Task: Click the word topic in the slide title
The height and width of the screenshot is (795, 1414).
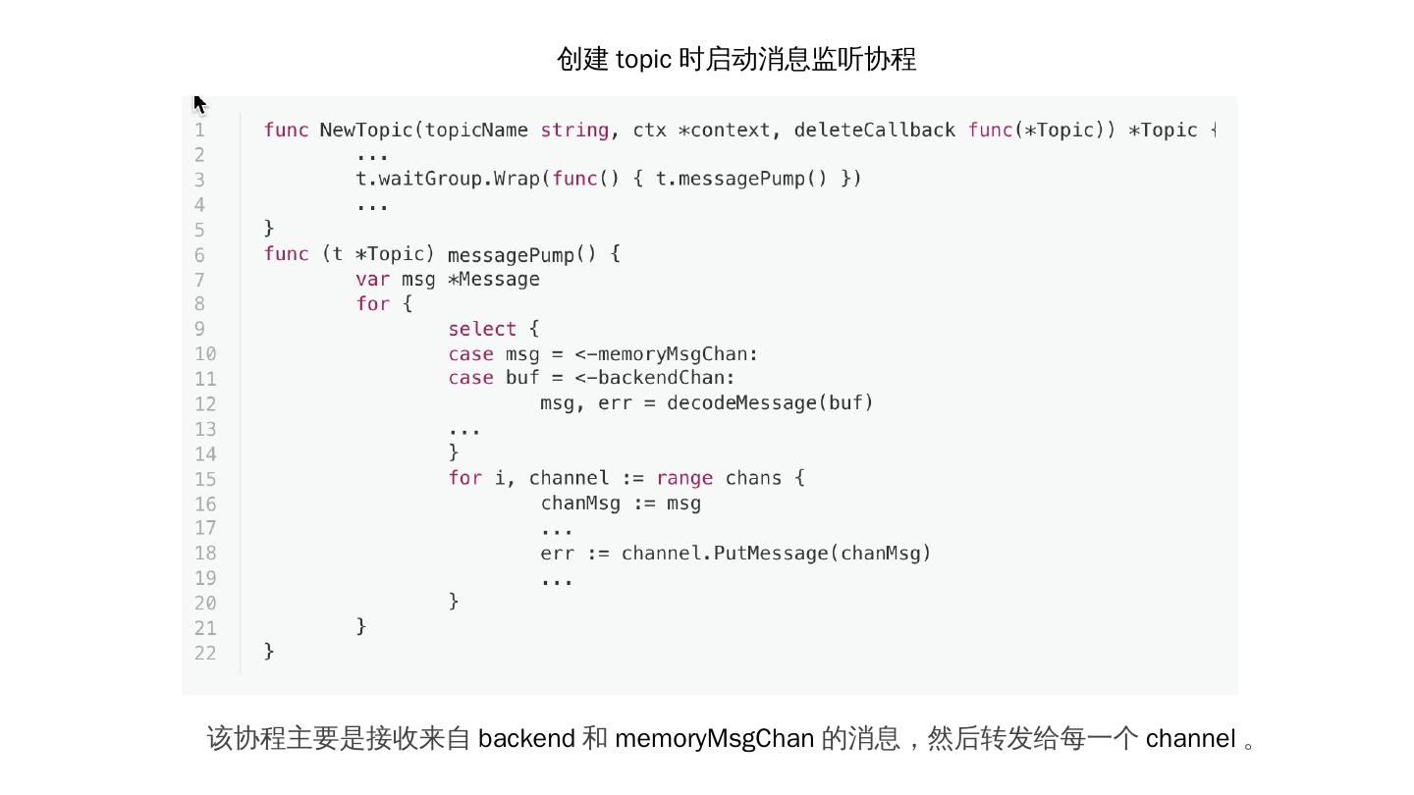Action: (643, 60)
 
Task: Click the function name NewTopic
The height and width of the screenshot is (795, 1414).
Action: (366, 131)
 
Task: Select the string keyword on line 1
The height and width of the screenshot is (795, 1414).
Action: (574, 131)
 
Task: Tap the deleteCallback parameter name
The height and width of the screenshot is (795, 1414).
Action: (875, 131)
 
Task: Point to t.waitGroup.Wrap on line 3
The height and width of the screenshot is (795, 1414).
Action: (448, 179)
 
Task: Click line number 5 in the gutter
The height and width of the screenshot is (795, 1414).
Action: (199, 230)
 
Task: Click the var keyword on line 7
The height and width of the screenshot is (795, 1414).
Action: (372, 280)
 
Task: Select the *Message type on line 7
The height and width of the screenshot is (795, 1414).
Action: (494, 280)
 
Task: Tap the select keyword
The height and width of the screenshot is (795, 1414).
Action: (482, 329)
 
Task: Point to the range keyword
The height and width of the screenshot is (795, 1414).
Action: (684, 478)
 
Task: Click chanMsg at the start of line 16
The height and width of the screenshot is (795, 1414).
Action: (580, 503)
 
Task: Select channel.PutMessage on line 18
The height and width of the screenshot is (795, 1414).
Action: (726, 554)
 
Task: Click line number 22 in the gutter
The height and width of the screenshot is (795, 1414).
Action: (205, 653)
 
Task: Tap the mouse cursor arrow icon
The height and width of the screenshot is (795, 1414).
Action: (199, 104)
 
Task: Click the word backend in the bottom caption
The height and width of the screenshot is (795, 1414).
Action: (526, 738)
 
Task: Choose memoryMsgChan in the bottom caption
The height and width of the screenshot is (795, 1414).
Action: (714, 738)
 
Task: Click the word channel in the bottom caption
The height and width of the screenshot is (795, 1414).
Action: (1190, 738)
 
